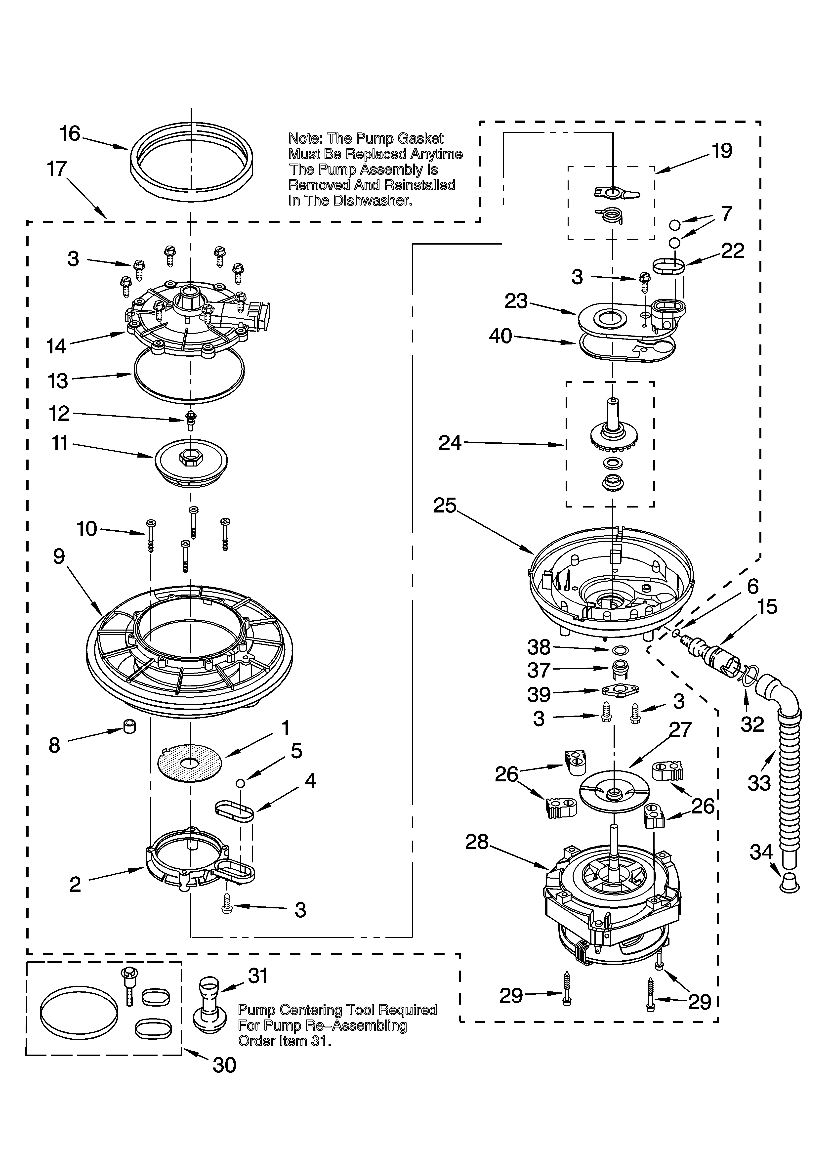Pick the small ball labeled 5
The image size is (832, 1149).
click(241, 783)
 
